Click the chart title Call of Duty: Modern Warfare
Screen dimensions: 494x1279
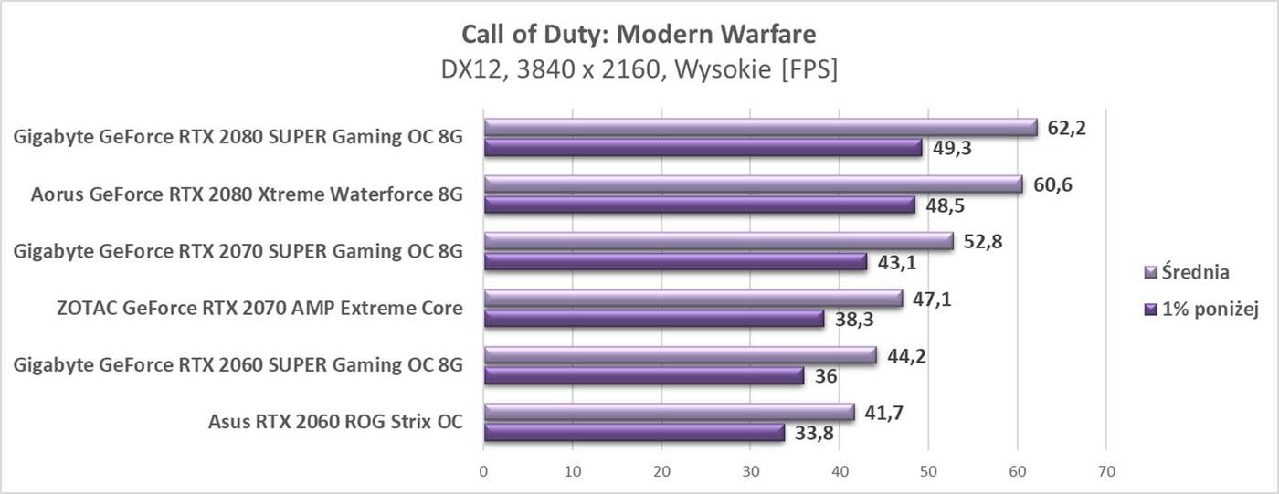click(639, 35)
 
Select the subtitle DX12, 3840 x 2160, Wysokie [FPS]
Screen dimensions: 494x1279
click(639, 69)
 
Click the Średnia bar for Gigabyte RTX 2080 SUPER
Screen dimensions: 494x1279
click(760, 128)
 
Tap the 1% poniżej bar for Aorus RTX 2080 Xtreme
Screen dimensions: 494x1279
click(699, 205)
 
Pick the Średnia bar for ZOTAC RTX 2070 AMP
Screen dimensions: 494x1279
click(692, 299)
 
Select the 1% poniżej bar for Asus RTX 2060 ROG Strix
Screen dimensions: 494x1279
click(633, 433)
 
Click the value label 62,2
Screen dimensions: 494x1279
click(1065, 128)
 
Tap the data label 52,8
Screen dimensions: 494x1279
click(981, 242)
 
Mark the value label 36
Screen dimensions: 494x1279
click(824, 376)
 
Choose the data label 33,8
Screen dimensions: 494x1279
click(813, 434)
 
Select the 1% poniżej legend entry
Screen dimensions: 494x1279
click(1201, 310)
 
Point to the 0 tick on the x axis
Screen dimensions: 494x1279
click(483, 471)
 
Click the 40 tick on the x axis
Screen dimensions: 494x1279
click(839, 471)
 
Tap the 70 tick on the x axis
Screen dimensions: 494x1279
click(1105, 471)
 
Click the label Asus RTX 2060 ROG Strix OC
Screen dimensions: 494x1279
click(335, 422)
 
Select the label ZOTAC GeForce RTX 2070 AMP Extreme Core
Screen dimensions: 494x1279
click(259, 309)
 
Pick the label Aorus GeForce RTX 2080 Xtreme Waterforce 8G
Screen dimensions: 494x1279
click(247, 194)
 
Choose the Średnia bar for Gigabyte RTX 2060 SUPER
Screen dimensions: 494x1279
click(680, 356)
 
